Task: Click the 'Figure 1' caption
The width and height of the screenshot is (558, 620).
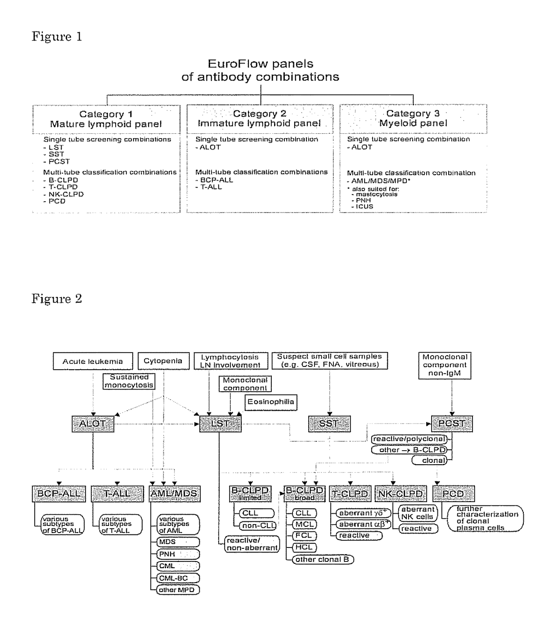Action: click(57, 36)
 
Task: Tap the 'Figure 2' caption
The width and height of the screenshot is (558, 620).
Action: click(57, 299)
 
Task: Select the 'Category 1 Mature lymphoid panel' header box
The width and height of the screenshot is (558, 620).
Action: click(106, 119)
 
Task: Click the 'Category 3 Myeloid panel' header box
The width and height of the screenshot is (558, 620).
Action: click(413, 118)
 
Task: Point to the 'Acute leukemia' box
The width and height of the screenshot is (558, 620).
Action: click(93, 361)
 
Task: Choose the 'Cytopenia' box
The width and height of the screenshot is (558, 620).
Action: click(163, 361)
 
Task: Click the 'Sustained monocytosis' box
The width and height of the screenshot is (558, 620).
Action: click(129, 381)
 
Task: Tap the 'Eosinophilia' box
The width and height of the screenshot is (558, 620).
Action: click(271, 402)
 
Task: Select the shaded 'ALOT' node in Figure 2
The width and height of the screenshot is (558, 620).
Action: click(93, 424)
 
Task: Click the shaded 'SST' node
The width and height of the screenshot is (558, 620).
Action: click(329, 424)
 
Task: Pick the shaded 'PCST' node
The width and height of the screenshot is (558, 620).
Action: click(452, 424)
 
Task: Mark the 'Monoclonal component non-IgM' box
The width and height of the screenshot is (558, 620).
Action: click(445, 365)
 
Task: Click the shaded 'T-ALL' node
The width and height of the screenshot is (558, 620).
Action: click(117, 493)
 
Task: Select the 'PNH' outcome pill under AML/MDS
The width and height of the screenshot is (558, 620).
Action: click(178, 554)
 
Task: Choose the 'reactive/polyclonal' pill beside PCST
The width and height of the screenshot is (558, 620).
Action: click(409, 439)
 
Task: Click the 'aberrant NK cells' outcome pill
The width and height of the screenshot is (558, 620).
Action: click(418, 513)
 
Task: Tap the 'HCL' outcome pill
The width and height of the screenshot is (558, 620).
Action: click(304, 547)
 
